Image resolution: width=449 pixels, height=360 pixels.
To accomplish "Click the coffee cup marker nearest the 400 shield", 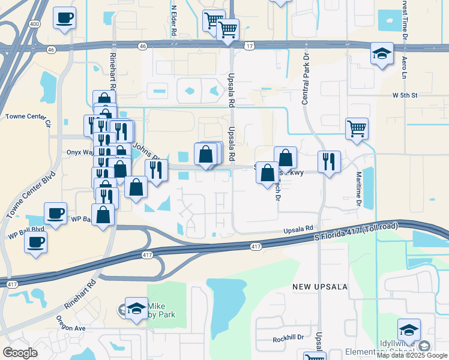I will point(64,17).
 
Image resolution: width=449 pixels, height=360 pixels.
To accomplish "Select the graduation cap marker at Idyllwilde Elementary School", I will point(409,330).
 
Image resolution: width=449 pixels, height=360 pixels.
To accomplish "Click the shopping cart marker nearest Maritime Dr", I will point(357,128).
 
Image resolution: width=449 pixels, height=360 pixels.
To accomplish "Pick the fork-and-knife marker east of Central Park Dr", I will point(329,162).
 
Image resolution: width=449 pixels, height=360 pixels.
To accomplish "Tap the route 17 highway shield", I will point(249,46).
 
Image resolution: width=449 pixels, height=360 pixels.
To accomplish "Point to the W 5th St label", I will point(404,95).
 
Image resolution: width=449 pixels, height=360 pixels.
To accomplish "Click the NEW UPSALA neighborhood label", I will point(320,287).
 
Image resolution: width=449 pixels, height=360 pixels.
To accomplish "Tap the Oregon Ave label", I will point(71,328).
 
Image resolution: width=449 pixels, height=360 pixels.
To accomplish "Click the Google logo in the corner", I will point(20,353).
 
